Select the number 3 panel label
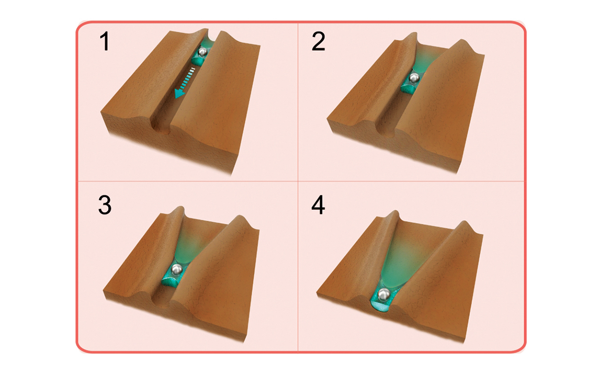(104, 205)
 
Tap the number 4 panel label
(318, 205)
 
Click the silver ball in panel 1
(203, 52)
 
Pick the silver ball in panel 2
(414, 78)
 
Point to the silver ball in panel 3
(177, 269)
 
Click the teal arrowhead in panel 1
(179, 93)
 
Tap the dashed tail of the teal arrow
(189, 78)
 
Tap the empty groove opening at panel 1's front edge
(161, 125)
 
